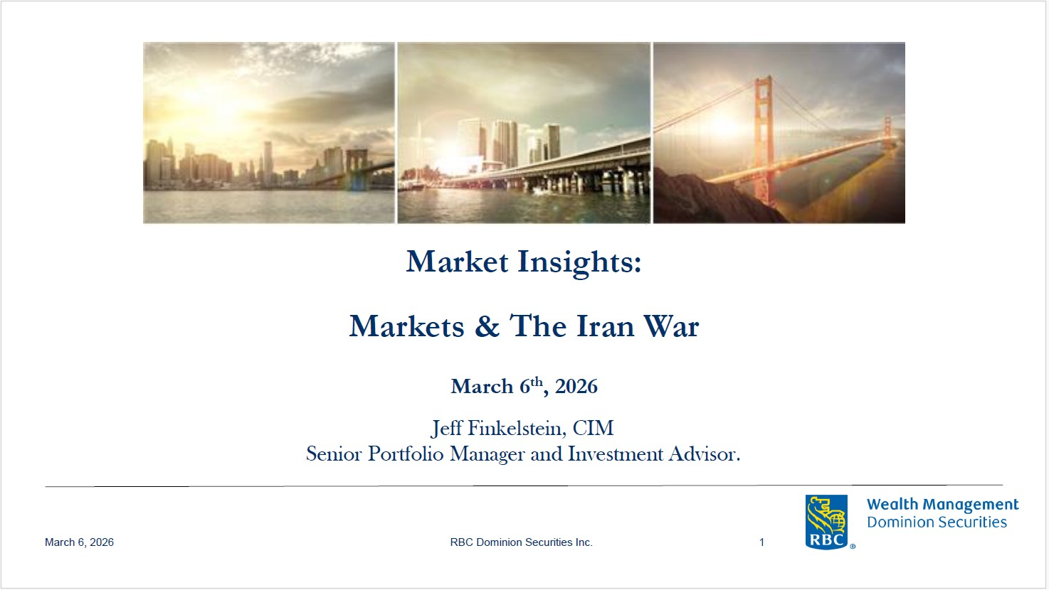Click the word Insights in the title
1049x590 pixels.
579,262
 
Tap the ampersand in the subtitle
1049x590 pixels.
487,326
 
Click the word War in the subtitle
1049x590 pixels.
671,326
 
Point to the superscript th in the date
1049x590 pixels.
537,381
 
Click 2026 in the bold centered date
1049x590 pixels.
576,387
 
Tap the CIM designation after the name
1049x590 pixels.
593,428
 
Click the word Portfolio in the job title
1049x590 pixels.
406,454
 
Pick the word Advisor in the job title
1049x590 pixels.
705,454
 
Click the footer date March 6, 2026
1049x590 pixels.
79,542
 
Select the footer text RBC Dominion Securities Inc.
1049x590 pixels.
521,542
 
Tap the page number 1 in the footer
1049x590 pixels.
762,542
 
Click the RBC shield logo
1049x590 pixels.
826,522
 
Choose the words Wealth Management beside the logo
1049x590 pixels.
943,505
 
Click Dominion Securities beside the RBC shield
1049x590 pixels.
937,522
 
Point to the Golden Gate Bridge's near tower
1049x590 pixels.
763,140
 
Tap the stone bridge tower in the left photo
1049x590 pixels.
357,168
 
